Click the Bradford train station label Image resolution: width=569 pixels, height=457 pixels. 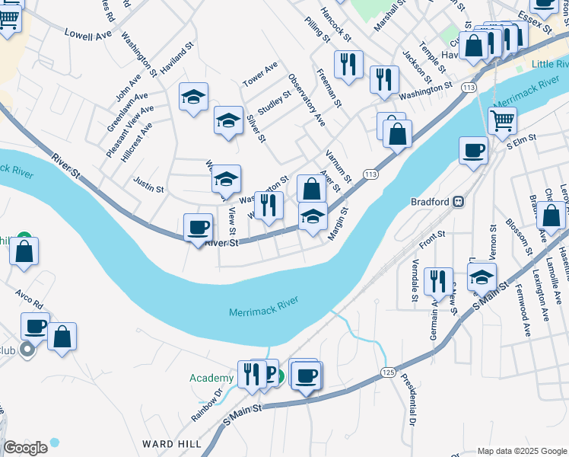(431, 202)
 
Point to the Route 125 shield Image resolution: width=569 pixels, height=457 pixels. (388, 372)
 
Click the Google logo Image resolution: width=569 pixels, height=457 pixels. (25, 448)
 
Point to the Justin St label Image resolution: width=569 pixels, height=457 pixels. (148, 184)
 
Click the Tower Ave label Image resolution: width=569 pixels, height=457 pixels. (260, 74)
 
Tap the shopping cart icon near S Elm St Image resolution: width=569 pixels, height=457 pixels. (502, 120)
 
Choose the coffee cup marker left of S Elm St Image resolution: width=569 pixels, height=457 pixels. (473, 149)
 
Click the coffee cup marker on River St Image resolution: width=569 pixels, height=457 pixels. (198, 226)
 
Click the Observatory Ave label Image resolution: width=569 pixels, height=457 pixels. (307, 100)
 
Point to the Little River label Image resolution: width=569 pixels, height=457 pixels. (549, 65)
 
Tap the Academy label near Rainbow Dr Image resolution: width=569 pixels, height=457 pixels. (211, 379)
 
